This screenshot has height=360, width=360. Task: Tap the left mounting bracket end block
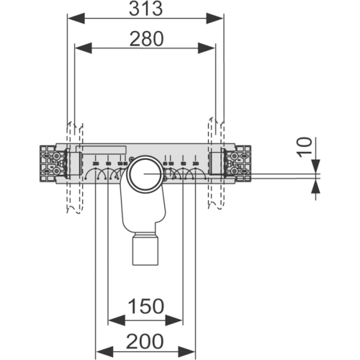(52, 163)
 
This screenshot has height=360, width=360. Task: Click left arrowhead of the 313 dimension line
(73, 18)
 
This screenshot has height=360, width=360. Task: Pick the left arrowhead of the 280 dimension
(81, 48)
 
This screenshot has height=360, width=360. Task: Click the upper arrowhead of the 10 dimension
(316, 166)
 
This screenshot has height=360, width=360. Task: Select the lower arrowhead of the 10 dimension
(316, 185)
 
